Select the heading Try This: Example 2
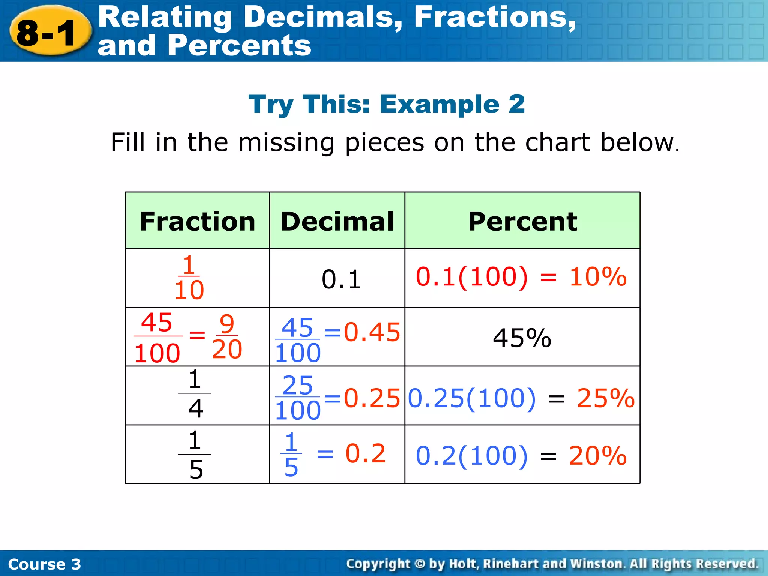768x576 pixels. (x=386, y=104)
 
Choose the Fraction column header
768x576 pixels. (x=197, y=221)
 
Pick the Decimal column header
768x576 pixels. (x=337, y=221)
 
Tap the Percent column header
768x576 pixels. (x=522, y=221)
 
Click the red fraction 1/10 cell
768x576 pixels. (x=189, y=278)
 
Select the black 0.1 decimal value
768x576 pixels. (x=341, y=280)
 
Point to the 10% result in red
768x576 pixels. (x=598, y=277)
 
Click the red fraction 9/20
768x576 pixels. (x=227, y=336)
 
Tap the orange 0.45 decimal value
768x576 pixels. (x=372, y=332)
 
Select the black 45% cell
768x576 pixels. (x=522, y=338)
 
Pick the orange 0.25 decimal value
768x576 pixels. (x=372, y=398)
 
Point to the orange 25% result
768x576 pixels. (x=605, y=398)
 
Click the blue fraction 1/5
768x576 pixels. (x=291, y=454)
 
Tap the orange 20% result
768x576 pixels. (x=597, y=456)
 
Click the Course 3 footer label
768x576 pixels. (x=44, y=564)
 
